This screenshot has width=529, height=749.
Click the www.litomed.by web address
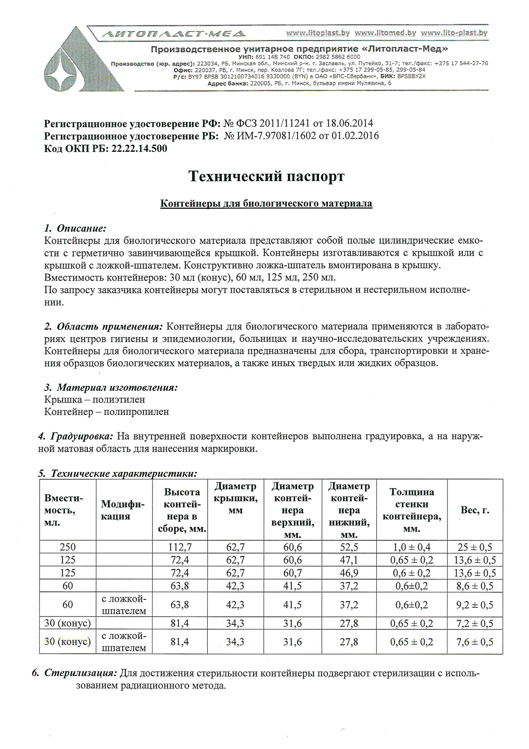(385, 33)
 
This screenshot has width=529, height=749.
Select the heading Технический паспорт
(266, 177)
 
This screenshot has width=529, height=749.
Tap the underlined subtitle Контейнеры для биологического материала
(266, 203)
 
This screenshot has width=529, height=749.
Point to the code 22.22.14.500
(139, 149)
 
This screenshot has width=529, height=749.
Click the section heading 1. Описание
(75, 228)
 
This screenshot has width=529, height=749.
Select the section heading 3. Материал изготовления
(111, 388)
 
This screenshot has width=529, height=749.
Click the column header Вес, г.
(475, 510)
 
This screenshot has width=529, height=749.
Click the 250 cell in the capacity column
(67, 547)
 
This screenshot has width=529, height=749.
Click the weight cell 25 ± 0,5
(475, 547)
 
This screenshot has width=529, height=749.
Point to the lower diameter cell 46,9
(349, 573)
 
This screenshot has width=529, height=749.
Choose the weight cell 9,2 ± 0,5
(475, 605)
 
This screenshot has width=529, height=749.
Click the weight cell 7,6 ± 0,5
(475, 642)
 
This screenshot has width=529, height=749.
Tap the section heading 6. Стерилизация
(75, 674)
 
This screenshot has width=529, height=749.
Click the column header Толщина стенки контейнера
(412, 510)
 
